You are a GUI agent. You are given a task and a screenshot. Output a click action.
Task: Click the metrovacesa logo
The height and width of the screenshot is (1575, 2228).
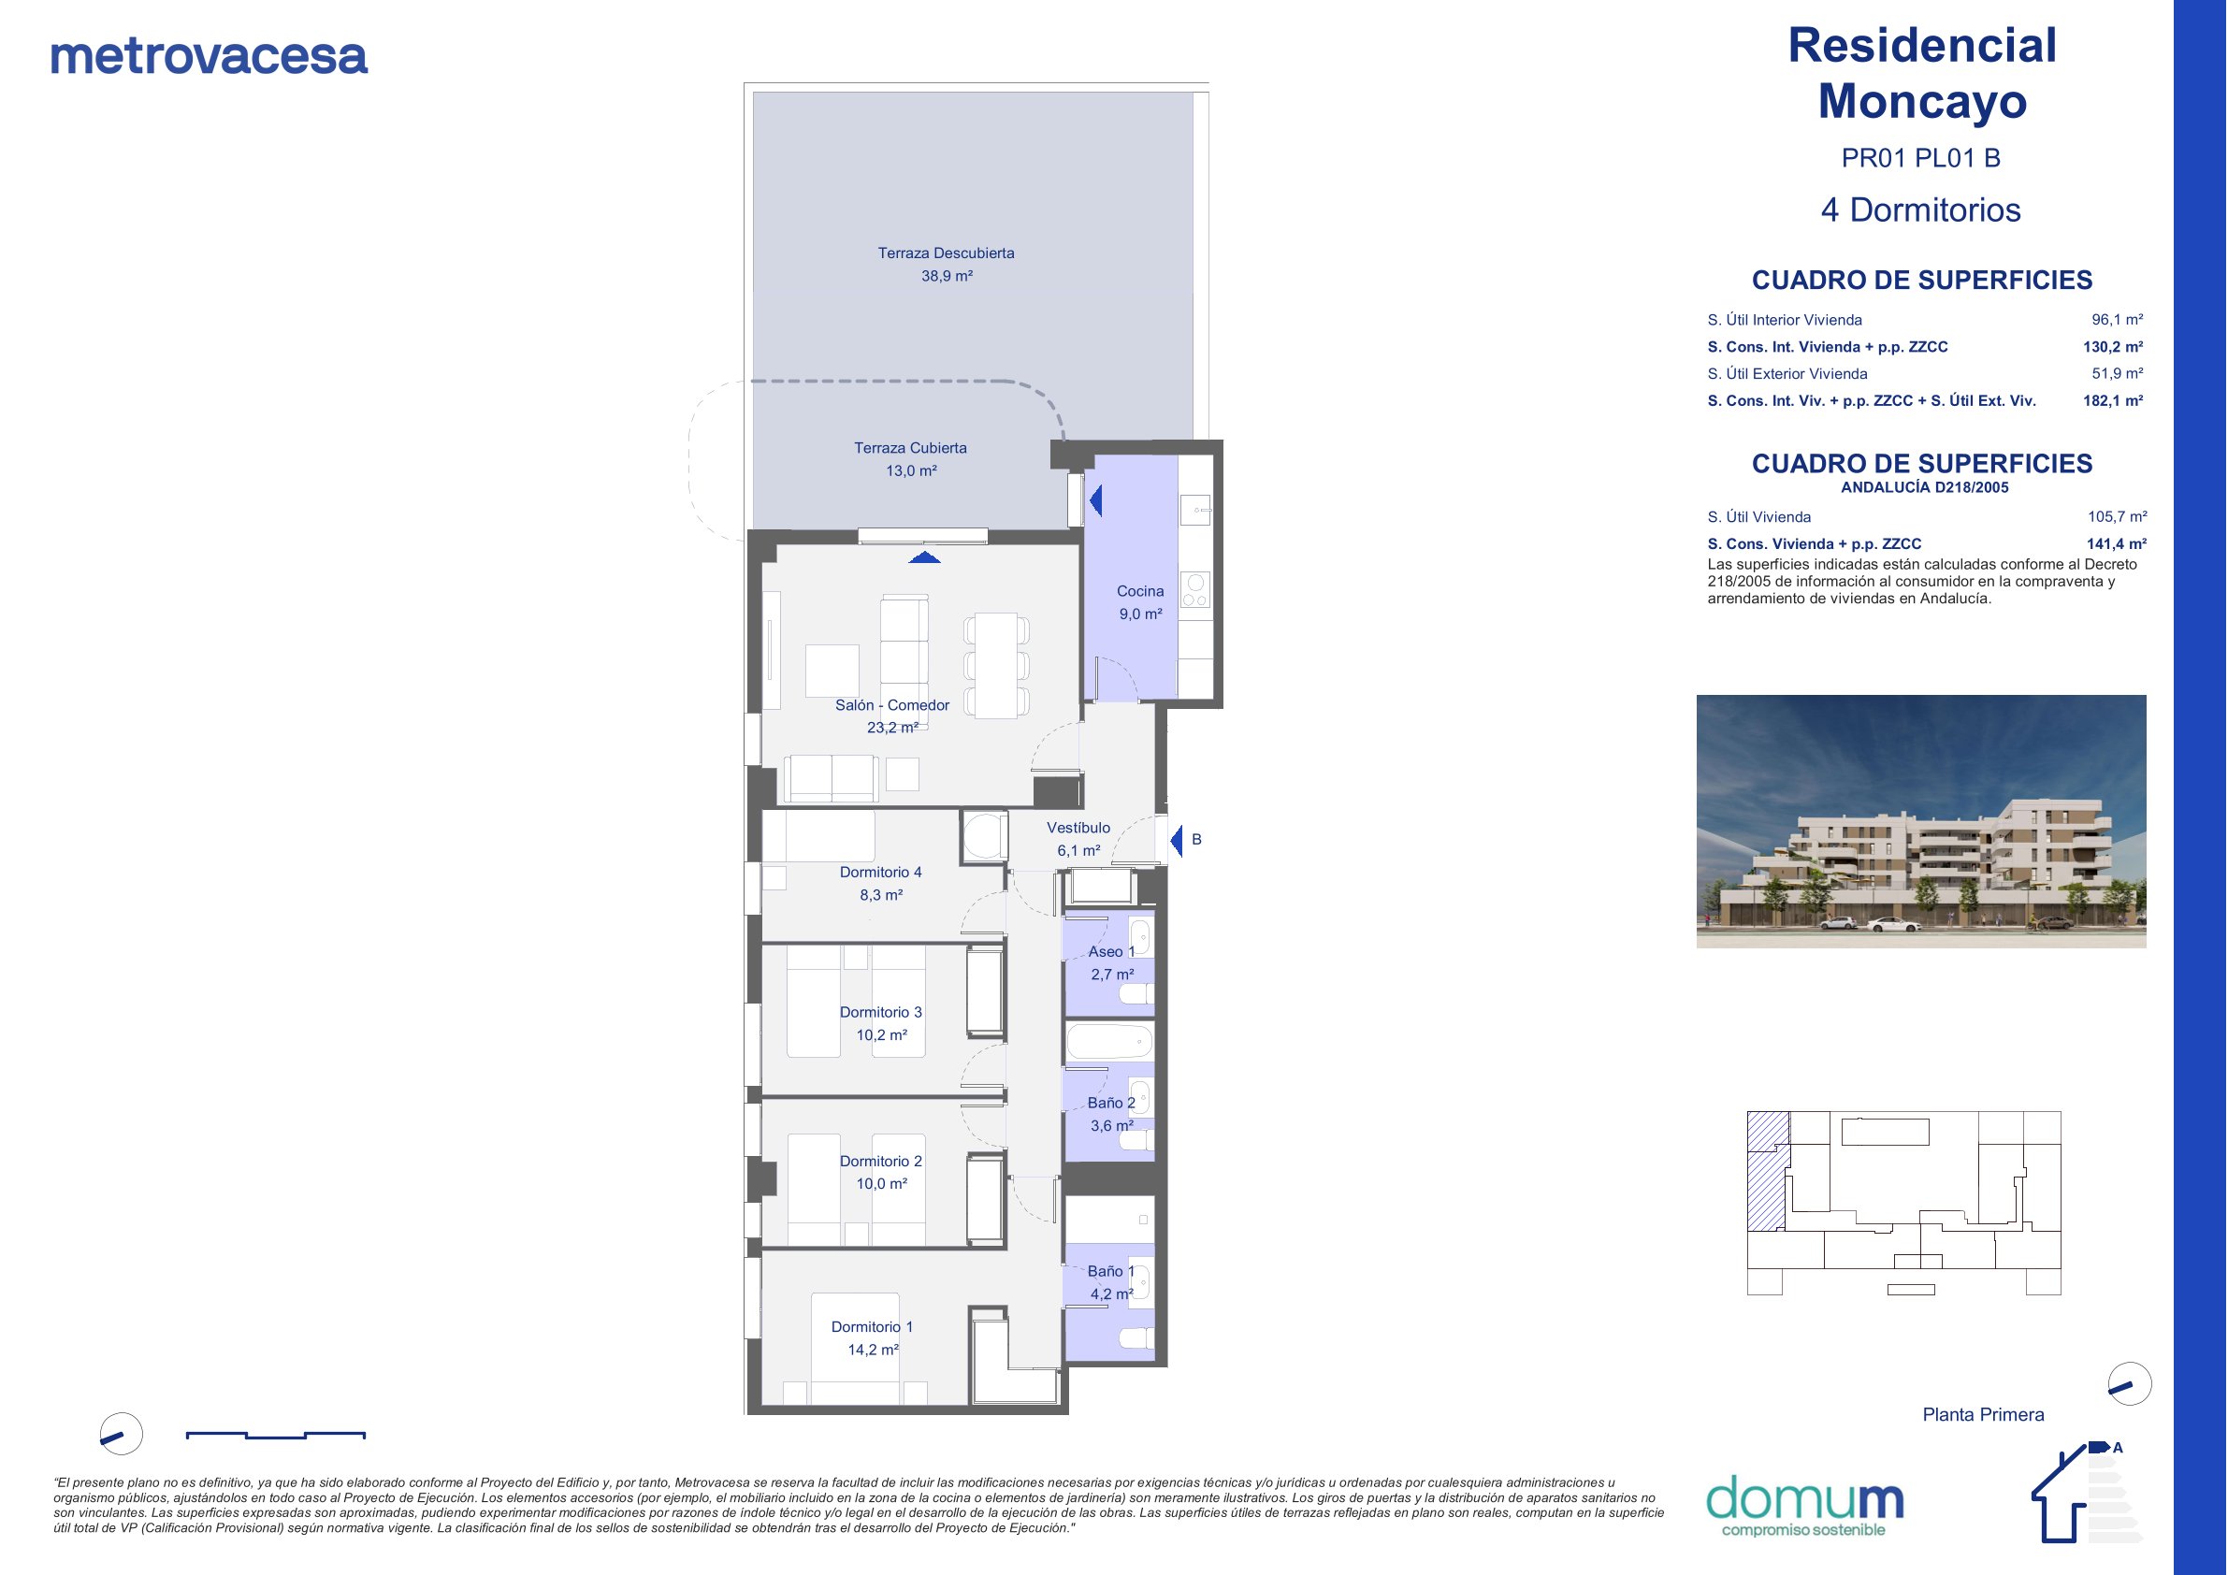(x=209, y=56)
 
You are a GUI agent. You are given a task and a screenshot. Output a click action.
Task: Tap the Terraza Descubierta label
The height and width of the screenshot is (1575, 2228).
(x=947, y=253)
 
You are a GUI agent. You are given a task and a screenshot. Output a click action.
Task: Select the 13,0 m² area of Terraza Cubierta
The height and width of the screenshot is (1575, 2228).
(x=911, y=470)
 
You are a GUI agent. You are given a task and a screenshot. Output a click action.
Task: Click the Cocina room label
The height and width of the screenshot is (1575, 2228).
(x=1140, y=591)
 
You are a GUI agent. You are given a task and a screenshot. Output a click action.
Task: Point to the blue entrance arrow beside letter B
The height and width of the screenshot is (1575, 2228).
(x=1176, y=841)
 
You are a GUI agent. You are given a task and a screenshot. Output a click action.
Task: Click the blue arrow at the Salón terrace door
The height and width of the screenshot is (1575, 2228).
(x=925, y=557)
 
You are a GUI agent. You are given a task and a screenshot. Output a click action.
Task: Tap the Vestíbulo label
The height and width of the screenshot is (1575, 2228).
(x=1078, y=828)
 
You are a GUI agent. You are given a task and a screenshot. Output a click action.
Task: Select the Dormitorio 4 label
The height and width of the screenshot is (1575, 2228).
(x=881, y=873)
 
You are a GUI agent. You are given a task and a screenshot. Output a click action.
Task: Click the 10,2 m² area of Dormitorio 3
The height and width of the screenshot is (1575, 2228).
(x=881, y=1035)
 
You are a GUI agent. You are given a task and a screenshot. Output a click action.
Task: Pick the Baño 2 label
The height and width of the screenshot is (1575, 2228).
(x=1111, y=1104)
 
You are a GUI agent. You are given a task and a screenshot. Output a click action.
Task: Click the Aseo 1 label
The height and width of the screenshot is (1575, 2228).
(x=1111, y=952)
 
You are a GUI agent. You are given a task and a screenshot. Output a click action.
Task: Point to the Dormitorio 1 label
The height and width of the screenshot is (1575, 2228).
(x=873, y=1326)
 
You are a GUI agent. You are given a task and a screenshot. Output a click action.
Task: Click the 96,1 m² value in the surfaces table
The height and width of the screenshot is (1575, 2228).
(x=2118, y=319)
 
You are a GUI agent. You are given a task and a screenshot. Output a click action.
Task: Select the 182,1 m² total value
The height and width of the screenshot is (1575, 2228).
(x=2114, y=401)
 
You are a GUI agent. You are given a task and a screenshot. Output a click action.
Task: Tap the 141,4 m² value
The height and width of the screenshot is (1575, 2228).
(x=2117, y=544)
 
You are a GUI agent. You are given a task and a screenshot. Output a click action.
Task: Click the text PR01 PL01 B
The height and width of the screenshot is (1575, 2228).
(x=1921, y=158)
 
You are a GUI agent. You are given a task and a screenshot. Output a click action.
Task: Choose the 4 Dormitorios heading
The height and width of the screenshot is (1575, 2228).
(x=1921, y=210)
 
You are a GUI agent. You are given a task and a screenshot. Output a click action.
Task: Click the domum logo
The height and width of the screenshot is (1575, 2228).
(x=1804, y=1507)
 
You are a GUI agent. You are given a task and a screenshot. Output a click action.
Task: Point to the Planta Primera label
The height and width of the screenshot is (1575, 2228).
(x=1984, y=1415)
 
